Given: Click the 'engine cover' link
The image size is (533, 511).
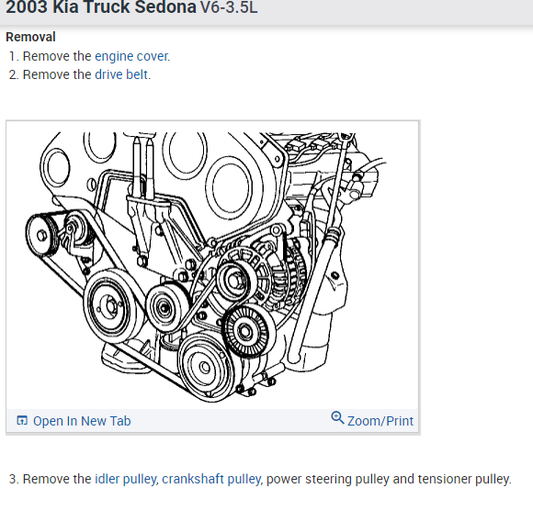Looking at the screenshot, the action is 131,56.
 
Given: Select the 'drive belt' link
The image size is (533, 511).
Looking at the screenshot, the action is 121,74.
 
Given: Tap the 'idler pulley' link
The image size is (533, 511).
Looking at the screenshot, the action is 125,479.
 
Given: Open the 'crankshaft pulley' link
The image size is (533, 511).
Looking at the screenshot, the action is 211,479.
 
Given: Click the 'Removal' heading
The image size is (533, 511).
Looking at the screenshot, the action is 30,37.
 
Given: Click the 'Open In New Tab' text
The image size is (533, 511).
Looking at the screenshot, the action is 82,421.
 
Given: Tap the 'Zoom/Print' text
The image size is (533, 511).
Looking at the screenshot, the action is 380,421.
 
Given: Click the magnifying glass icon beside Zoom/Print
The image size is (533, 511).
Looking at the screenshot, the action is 337,418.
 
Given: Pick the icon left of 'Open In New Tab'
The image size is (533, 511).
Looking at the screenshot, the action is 22,420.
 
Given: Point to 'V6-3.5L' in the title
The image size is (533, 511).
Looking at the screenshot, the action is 229,7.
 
